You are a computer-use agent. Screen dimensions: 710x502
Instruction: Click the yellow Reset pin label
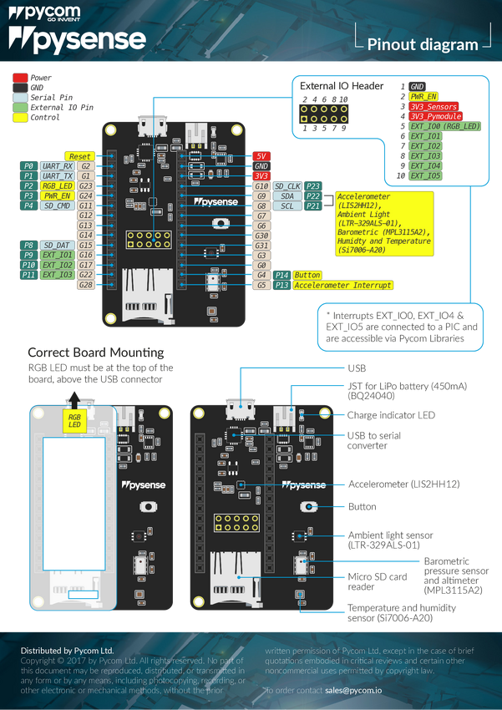[x=79, y=156]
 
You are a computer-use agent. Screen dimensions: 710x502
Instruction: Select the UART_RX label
[x=57, y=166]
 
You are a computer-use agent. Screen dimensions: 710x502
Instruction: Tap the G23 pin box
[x=85, y=186]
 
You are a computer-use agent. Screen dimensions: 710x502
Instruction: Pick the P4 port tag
[x=28, y=205]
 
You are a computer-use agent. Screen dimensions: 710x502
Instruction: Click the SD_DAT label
[x=57, y=245]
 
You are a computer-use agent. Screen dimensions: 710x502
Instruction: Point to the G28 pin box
[x=85, y=285]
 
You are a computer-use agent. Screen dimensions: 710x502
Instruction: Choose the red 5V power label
[x=261, y=156]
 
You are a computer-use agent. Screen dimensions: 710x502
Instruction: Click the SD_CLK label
[x=287, y=185]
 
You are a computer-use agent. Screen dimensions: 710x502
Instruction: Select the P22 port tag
[x=313, y=195]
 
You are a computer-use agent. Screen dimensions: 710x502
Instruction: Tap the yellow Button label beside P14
[x=308, y=275]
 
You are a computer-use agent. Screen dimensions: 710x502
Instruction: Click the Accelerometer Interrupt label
[x=342, y=285]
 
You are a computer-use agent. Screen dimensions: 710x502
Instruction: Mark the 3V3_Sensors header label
[x=434, y=107]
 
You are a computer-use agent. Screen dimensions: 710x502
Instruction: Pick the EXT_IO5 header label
[x=425, y=176]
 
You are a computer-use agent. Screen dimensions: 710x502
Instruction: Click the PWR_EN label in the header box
[x=424, y=97]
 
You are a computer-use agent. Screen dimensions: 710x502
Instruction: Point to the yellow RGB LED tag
[x=74, y=420]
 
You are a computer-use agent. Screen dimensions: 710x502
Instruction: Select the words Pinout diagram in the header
[x=423, y=45]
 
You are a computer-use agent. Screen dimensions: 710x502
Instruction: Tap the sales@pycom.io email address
[x=353, y=691]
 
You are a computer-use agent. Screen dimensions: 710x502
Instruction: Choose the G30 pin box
[x=261, y=236]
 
